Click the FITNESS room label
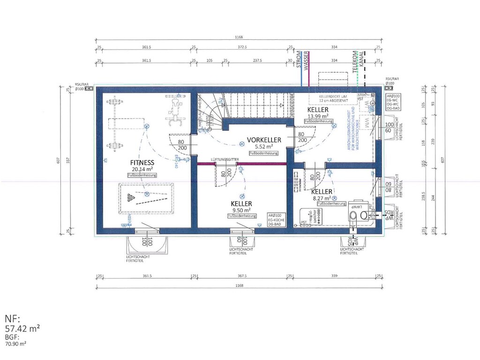[x=142, y=163]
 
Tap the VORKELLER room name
[x=264, y=140]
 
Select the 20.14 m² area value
[x=142, y=169]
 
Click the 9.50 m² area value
[x=241, y=210]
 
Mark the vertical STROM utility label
[x=299, y=60]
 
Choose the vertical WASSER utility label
[x=307, y=60]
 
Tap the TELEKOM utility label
[x=355, y=61]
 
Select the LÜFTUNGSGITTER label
[x=225, y=159]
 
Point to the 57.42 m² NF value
[x=22, y=329]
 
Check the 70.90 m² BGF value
[x=16, y=344]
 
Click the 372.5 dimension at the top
[x=242, y=47]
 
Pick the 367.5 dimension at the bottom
[x=242, y=276]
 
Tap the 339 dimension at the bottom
[x=334, y=276]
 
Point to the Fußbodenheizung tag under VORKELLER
[x=264, y=153]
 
